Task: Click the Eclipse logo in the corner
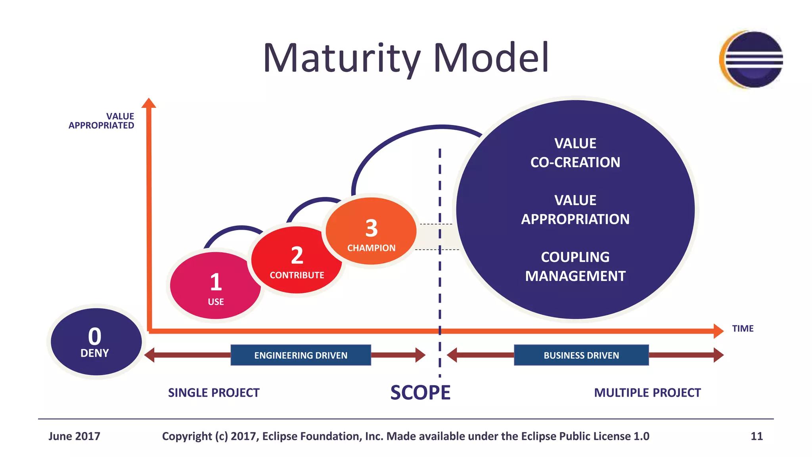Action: click(751, 60)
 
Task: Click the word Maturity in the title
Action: click(341, 58)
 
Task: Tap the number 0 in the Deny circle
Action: click(95, 336)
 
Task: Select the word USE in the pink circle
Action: click(216, 302)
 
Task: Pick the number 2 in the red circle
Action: click(297, 255)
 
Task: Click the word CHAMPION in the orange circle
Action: click(371, 248)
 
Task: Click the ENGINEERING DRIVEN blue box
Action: click(301, 355)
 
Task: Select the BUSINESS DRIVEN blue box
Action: click(581, 355)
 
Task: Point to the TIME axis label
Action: click(743, 328)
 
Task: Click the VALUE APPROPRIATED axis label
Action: click(102, 121)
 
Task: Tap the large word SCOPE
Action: click(420, 393)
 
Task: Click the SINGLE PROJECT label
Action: click(214, 393)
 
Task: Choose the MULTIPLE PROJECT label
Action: click(647, 393)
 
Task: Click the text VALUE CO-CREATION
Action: click(575, 153)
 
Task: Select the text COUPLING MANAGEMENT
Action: click(575, 267)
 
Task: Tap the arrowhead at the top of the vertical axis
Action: click(149, 103)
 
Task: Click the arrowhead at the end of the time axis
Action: click(718, 331)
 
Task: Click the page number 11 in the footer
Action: click(756, 436)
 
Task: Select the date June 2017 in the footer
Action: click(74, 436)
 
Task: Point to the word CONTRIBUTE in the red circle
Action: click(297, 275)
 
